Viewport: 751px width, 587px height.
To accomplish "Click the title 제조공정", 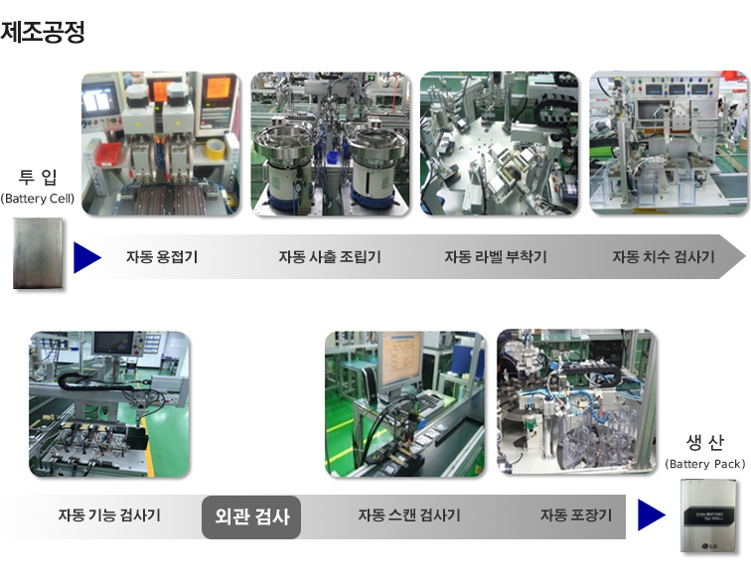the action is (43, 32).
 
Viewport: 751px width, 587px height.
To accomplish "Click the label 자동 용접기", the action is (162, 256).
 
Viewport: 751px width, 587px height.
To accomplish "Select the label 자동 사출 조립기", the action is (330, 256).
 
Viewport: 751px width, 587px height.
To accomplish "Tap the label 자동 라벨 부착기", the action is (496, 256).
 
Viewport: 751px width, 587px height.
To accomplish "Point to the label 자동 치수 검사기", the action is (664, 256).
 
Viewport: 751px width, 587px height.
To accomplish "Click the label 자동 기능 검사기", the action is (109, 515).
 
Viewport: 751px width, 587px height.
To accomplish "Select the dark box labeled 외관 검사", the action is (251, 516).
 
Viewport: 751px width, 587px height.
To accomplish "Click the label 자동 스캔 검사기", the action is (409, 515).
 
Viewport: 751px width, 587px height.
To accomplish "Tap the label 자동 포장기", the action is (576, 515).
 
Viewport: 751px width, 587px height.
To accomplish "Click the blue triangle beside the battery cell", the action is (85, 257).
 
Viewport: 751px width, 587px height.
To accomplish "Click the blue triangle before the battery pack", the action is (650, 514).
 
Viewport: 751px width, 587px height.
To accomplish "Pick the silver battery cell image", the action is (38, 253).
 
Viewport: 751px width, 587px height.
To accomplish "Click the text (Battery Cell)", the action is (38, 199).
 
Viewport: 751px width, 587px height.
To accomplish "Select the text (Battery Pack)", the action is (705, 464).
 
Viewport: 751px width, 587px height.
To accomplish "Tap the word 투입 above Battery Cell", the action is (38, 177).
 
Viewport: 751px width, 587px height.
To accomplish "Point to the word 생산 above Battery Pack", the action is (705, 442).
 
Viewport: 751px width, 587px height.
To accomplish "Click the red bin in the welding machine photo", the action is (107, 154).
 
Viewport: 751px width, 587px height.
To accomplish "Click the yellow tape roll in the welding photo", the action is (215, 149).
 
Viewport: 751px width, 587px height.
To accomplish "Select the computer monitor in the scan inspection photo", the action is (400, 359).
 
